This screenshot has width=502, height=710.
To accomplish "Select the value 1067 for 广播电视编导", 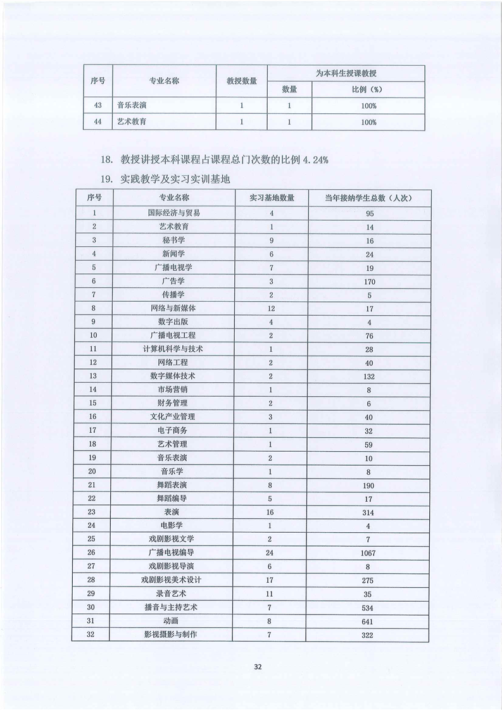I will [x=369, y=552].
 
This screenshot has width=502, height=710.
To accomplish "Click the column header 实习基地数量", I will [x=271, y=198].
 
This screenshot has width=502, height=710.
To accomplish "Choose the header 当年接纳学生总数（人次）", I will [x=369, y=198].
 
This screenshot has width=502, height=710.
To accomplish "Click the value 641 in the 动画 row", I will [x=369, y=621].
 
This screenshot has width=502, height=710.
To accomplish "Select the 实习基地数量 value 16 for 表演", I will [x=271, y=512].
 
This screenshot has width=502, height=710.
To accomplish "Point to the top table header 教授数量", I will [x=241, y=81].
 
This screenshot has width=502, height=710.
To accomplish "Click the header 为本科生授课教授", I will [x=346, y=73].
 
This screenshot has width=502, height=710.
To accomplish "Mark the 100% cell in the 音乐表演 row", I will [x=369, y=106].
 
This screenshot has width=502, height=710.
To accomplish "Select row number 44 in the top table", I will [x=97, y=122].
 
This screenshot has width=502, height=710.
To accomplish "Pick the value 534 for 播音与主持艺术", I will [x=369, y=607].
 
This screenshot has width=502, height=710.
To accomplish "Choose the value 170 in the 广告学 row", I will [x=369, y=281].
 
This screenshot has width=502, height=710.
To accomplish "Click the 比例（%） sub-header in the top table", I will [x=368, y=89].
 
